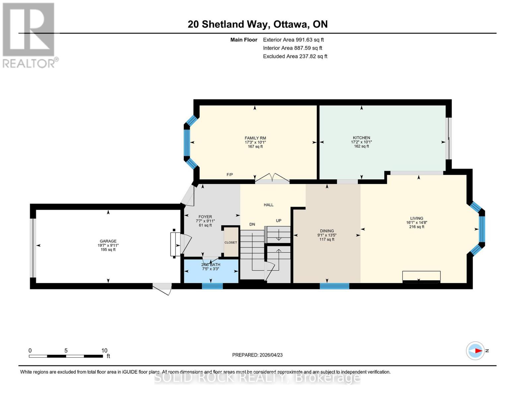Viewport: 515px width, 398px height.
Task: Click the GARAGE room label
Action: (108, 241)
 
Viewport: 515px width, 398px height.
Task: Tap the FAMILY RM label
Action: (255, 138)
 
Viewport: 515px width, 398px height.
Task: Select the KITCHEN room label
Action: (361, 138)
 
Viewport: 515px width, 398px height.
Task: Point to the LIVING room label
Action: (417, 219)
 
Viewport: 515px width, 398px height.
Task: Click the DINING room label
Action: (327, 231)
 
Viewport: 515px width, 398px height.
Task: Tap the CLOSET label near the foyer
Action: (231, 242)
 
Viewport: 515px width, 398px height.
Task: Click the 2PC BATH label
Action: (211, 265)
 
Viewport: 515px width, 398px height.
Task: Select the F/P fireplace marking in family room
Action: (229, 175)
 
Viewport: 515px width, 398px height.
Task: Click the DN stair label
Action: (252, 225)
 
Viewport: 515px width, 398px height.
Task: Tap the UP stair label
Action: (279, 221)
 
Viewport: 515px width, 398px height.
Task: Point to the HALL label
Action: (269, 205)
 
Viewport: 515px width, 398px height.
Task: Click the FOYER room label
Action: (205, 217)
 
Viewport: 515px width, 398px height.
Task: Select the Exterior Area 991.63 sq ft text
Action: (293, 40)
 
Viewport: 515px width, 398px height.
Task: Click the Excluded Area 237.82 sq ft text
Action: (295, 56)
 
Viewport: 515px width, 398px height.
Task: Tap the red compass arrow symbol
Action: (478, 351)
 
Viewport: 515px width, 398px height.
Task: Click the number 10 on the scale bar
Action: (104, 351)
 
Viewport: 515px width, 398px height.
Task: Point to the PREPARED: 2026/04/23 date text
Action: (257, 355)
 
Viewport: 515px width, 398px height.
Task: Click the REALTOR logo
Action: (29, 35)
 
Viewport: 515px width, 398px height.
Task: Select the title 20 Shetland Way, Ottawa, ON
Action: (257, 24)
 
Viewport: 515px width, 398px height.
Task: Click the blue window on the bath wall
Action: (212, 286)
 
